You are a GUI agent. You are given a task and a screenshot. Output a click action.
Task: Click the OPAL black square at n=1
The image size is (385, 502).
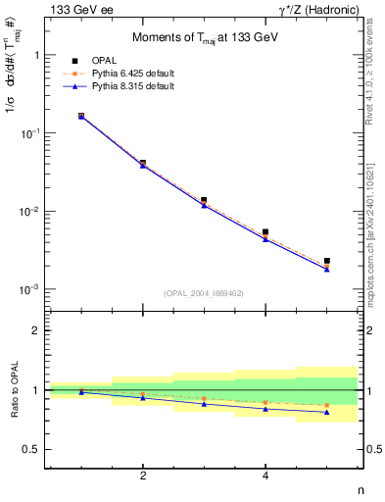click(81, 116)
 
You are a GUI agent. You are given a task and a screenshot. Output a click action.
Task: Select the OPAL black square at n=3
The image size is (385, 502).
click(204, 200)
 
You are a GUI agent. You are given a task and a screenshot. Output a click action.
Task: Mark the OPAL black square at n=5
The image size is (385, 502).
click(326, 261)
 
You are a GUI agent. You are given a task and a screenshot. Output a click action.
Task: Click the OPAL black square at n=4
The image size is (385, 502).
click(265, 232)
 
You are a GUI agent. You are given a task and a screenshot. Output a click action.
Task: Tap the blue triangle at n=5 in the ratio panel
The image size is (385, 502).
click(326, 413)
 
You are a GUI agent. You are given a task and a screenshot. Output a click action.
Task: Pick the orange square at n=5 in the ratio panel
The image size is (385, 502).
click(326, 405)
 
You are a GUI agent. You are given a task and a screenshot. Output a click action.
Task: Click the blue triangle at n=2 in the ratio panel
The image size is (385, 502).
click(143, 397)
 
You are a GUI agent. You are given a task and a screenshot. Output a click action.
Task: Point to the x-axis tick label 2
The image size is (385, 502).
click(143, 477)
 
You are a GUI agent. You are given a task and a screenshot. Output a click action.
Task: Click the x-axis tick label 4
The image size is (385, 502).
click(265, 477)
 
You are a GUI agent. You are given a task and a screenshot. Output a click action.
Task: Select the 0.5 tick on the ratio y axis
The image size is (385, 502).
click(33, 449)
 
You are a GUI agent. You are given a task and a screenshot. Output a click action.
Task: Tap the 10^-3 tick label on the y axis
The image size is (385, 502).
click(29, 290)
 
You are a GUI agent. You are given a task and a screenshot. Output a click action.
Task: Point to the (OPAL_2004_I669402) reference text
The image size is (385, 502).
click(204, 292)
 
